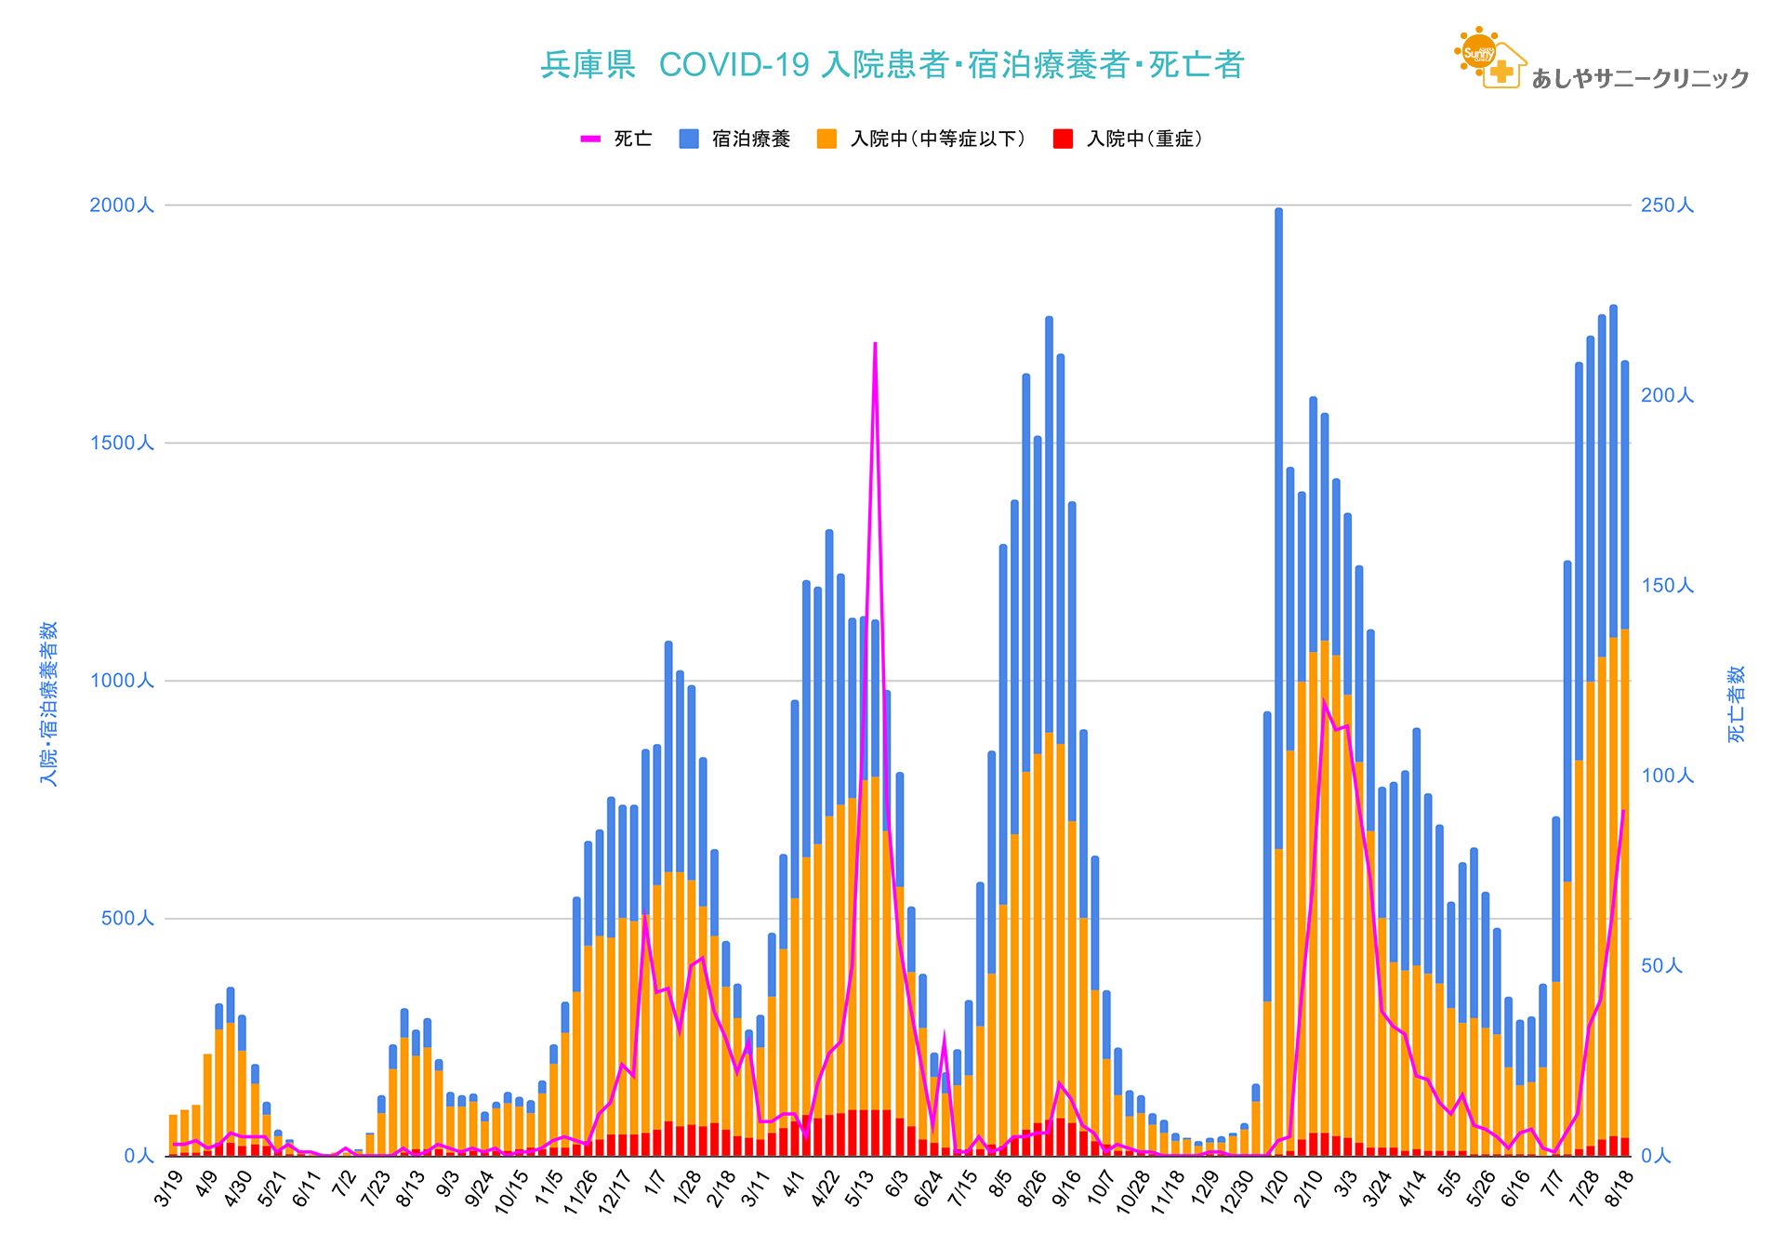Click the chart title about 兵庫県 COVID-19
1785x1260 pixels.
[892, 65]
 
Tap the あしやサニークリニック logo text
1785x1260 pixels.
[1640, 79]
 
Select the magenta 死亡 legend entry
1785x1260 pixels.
[616, 139]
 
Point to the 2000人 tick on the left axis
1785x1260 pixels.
[121, 206]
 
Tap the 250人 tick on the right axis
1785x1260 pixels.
[1668, 206]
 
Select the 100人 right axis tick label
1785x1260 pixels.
[1668, 776]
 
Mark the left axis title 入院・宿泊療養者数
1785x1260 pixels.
[48, 704]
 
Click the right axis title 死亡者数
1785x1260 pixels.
[1736, 704]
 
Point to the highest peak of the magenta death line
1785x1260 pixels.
[875, 344]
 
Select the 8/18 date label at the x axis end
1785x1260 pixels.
[1621, 1189]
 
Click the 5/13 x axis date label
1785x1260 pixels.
[860, 1191]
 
